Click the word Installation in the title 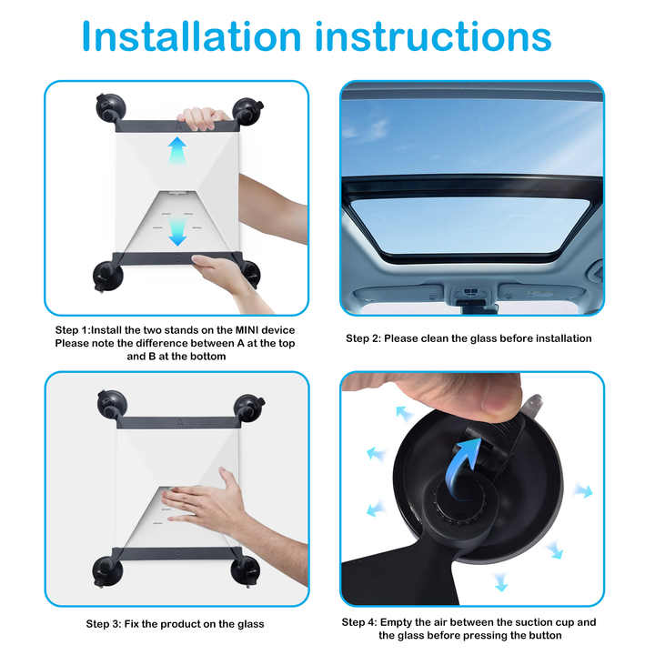[x=191, y=36]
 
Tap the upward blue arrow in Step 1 [x=177, y=150]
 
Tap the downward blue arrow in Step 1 [x=177, y=233]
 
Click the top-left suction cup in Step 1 [x=108, y=108]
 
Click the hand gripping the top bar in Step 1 [x=202, y=117]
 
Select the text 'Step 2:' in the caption [x=363, y=338]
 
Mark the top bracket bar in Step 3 [x=177, y=422]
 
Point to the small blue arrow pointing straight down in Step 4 [x=500, y=581]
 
